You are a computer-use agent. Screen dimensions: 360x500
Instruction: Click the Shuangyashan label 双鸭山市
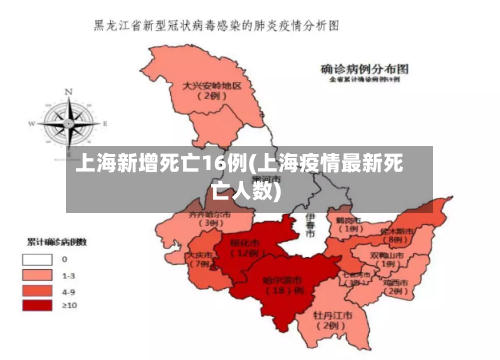[385, 255]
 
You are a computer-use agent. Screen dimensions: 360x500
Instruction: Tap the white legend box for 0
[38, 258]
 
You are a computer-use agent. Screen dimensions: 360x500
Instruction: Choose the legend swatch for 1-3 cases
[38, 274]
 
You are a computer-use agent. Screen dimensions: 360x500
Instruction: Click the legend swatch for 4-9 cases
[38, 290]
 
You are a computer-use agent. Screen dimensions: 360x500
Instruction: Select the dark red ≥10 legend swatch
[38, 306]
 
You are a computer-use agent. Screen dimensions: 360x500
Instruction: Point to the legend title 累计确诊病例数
[56, 242]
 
